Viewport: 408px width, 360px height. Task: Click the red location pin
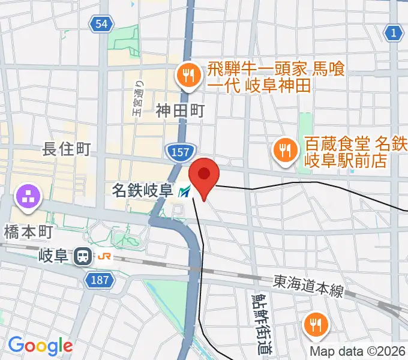pos(204,175)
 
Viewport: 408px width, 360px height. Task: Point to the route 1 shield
pos(394,33)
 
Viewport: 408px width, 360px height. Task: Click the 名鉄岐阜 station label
pos(143,191)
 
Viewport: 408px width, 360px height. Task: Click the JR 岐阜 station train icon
pos(82,257)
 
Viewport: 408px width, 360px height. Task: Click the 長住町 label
pos(67,149)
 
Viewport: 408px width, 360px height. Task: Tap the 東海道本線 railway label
pos(308,286)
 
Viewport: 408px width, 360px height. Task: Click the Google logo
pos(40,345)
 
